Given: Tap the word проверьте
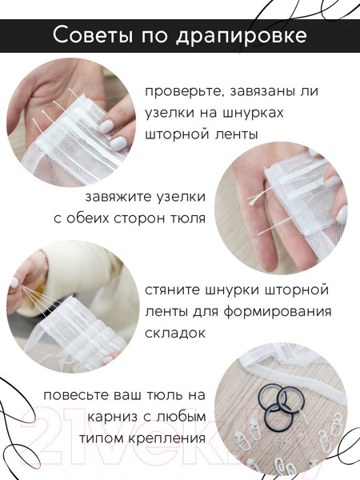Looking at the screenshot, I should [x=189, y=91].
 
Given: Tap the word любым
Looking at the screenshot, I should [x=181, y=418].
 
